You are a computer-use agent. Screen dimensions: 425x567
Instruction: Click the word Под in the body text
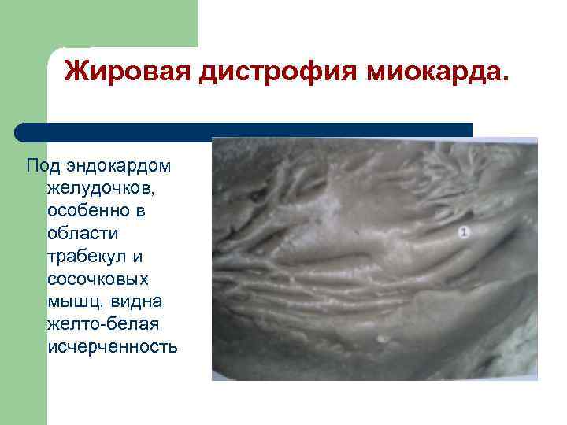tap(40, 166)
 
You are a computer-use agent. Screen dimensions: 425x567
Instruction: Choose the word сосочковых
tap(98, 279)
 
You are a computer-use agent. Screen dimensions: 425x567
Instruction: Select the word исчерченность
tap(113, 347)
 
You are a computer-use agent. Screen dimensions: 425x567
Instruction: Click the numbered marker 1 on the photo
tap(465, 232)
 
